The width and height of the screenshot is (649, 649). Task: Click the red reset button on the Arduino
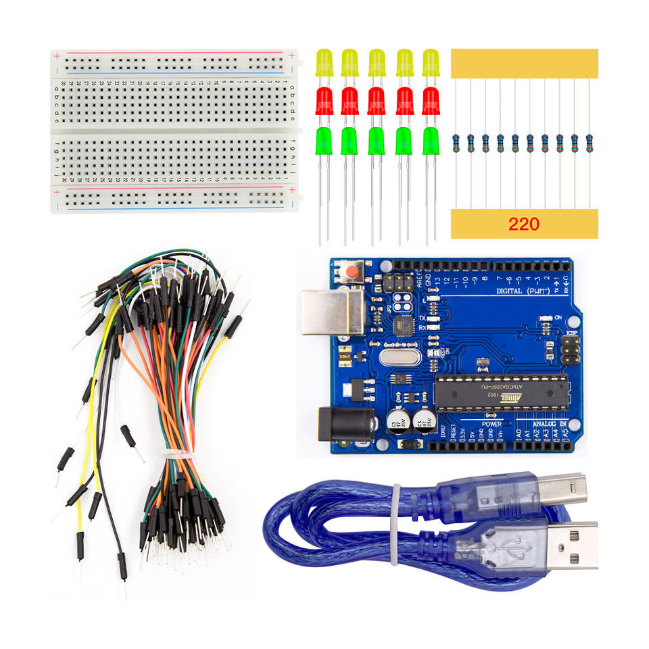coord(351,272)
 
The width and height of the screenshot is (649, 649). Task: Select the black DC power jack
coord(345,425)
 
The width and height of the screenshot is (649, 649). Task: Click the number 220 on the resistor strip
coord(524,224)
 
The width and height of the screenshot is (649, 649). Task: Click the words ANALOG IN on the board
coord(550,424)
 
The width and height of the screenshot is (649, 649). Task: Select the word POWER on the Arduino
coord(491,424)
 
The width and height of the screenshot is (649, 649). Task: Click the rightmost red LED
coord(431,101)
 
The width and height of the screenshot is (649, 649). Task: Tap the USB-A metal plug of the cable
coord(572,545)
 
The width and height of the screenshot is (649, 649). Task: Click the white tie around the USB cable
coord(395,524)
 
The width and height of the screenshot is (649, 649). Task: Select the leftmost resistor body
coord(456,142)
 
